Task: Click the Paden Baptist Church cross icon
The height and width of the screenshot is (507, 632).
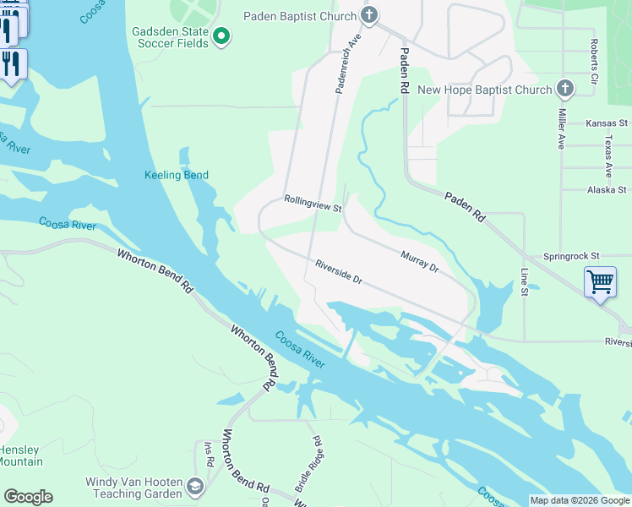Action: pos(368,15)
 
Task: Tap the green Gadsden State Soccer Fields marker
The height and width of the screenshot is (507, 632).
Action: pos(221,35)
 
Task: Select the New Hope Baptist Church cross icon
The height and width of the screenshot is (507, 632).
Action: pos(565,89)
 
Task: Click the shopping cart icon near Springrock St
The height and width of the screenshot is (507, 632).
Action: pos(600,282)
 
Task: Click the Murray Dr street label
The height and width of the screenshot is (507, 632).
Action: pos(420,261)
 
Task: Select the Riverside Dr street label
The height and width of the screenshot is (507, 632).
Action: pos(338,271)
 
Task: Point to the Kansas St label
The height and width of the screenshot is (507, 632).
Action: pos(607,123)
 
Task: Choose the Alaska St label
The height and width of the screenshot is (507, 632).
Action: pos(607,190)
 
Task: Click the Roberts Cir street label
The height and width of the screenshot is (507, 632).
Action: pos(595,61)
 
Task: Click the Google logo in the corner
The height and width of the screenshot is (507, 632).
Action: pos(28,497)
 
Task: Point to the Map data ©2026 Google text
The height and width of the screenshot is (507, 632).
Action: pos(579,500)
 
